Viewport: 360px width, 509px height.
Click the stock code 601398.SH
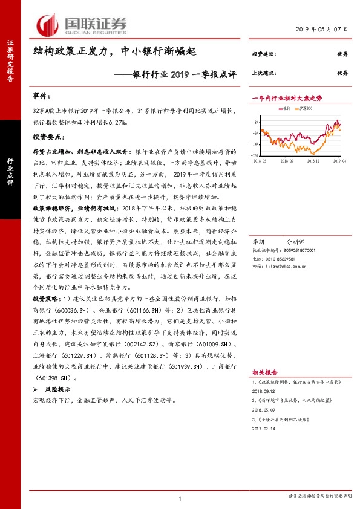(56, 376)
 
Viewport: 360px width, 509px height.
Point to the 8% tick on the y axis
(258, 121)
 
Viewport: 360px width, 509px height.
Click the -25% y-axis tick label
(257, 155)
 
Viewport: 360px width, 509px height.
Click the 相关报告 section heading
(264, 374)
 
